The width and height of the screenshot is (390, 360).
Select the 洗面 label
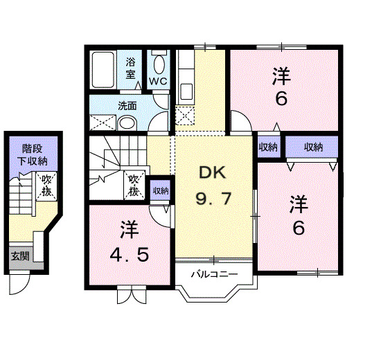pyautogui.click(x=126, y=107)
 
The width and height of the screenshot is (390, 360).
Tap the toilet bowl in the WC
pyautogui.click(x=159, y=64)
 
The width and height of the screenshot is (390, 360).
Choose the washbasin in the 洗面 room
pyautogui.click(x=126, y=123)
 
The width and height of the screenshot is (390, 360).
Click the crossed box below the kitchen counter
pyautogui.click(x=185, y=114)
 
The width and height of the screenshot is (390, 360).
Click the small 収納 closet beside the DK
pyautogui.click(x=160, y=190)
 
